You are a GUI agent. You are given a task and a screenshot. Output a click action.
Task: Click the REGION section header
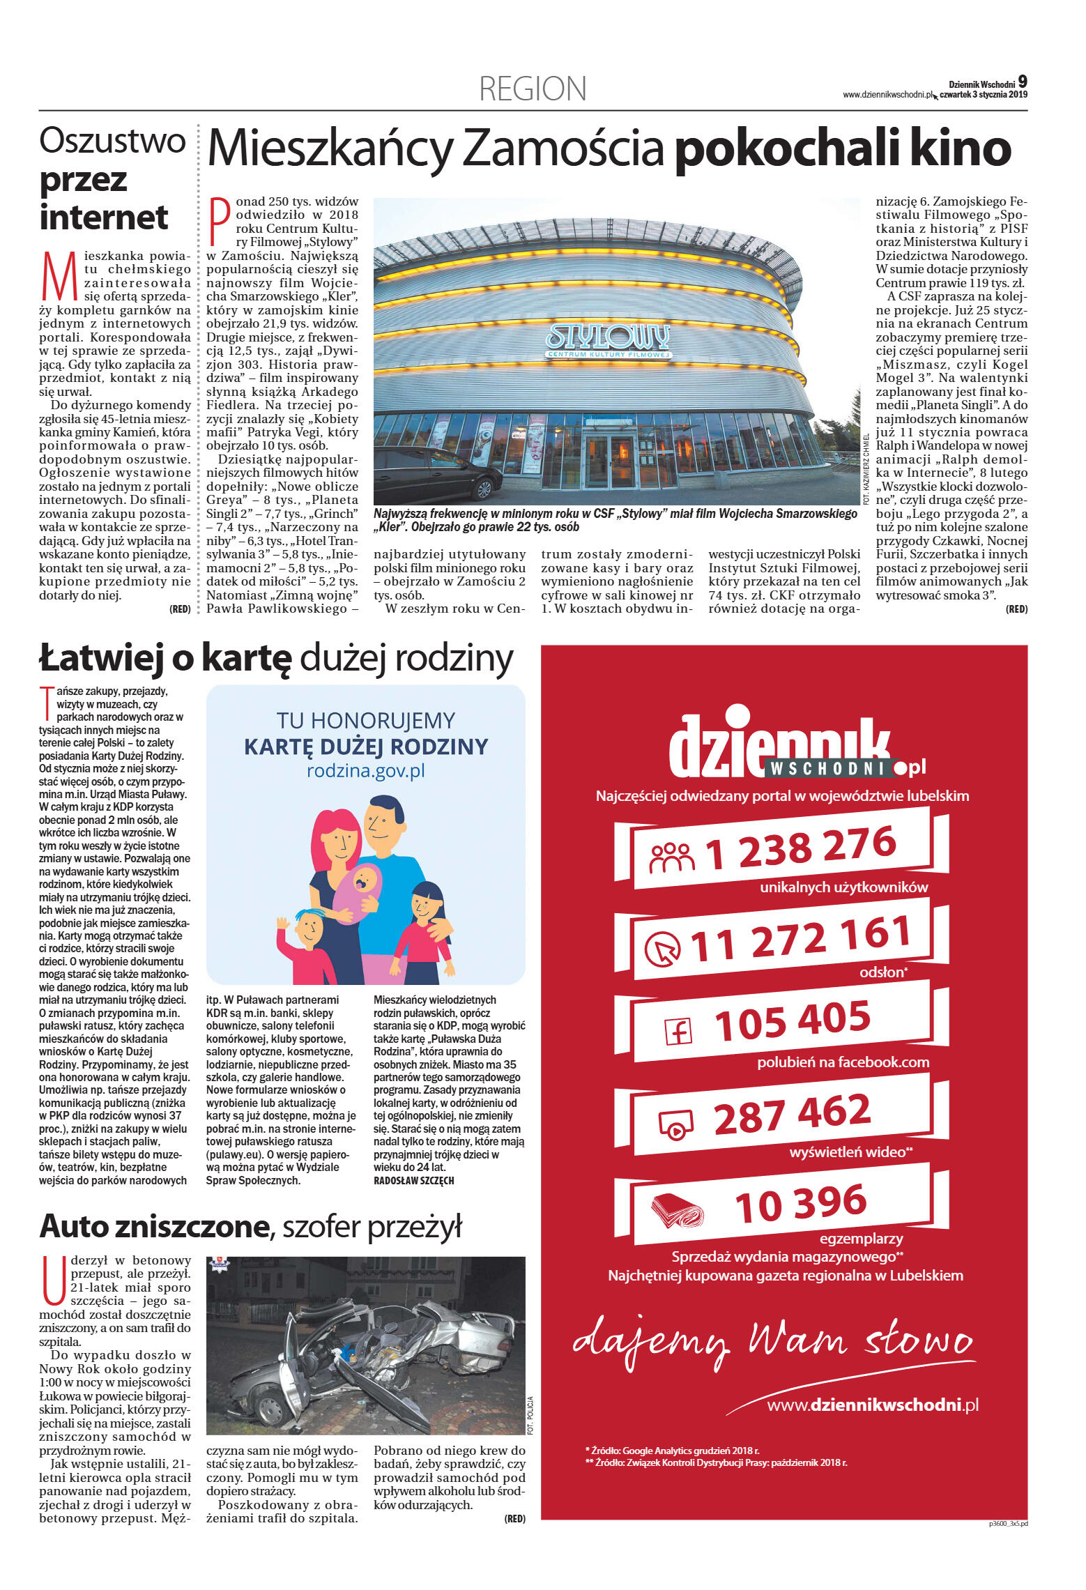click(x=533, y=89)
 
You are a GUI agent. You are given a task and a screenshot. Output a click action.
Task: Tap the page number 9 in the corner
click(x=1022, y=81)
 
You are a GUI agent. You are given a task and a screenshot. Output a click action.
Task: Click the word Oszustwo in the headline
click(x=112, y=141)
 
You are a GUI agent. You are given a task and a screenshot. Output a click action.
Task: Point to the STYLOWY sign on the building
click(x=607, y=337)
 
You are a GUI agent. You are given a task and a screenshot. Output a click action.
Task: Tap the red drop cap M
click(x=59, y=277)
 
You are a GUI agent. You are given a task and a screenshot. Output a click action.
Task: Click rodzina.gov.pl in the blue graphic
click(x=365, y=771)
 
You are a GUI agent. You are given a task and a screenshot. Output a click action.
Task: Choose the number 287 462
click(x=792, y=1115)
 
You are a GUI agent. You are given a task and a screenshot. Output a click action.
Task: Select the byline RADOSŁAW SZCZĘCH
click(x=414, y=1180)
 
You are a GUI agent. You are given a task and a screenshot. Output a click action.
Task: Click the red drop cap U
click(x=54, y=1280)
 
